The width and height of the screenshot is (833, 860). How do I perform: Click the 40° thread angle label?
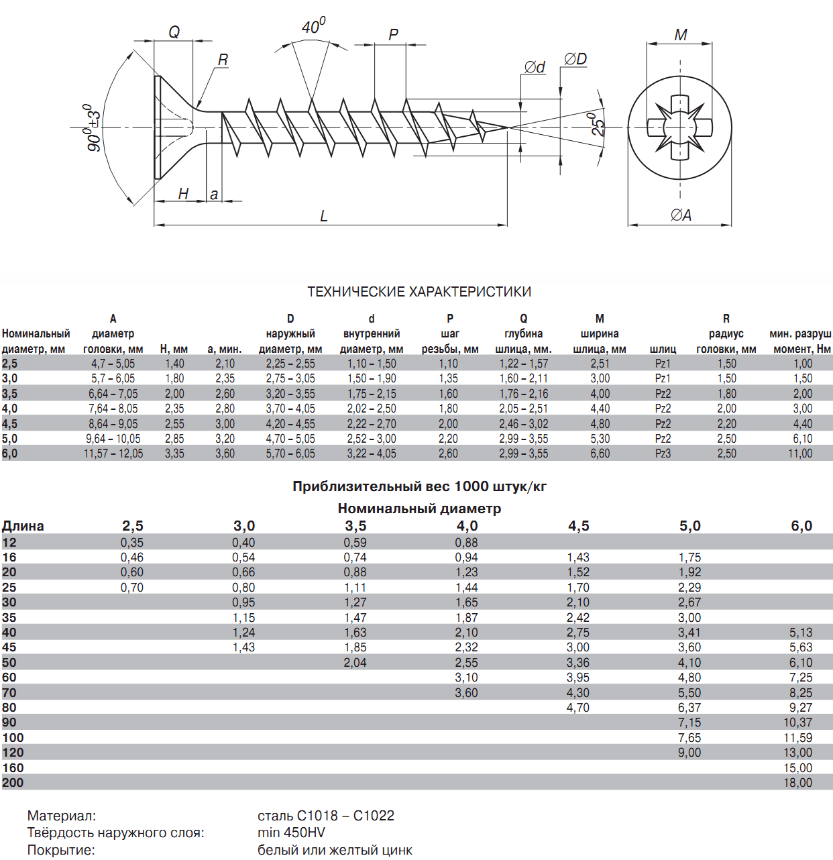pyautogui.click(x=314, y=26)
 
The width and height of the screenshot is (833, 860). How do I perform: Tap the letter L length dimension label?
pyautogui.click(x=324, y=216)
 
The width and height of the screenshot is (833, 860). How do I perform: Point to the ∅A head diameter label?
pyautogui.click(x=681, y=215)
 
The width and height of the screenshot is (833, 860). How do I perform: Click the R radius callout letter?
pyautogui.click(x=223, y=60)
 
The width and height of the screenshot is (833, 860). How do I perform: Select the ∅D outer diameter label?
pyautogui.click(x=575, y=59)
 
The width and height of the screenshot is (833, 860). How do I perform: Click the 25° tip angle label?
pyautogui.click(x=598, y=124)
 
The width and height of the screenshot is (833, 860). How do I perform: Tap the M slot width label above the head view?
pyautogui.click(x=681, y=34)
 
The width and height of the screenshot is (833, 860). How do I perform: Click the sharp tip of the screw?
pyautogui.click(x=508, y=127)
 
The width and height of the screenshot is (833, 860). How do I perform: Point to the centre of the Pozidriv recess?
pyautogui.click(x=679, y=127)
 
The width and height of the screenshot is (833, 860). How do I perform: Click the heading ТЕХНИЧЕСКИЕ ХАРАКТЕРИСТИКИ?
pyautogui.click(x=419, y=292)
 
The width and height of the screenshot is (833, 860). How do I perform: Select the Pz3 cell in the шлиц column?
pyautogui.click(x=663, y=453)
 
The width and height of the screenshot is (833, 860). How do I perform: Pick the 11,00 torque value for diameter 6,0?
pyautogui.click(x=800, y=453)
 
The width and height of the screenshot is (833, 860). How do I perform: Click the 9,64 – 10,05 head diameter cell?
pyautogui.click(x=113, y=439)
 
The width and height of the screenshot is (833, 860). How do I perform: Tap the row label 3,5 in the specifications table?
pyautogui.click(x=9, y=393)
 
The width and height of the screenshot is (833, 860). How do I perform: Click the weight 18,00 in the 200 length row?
pyautogui.click(x=797, y=783)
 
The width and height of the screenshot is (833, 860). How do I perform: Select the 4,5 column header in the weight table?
pyautogui.click(x=578, y=526)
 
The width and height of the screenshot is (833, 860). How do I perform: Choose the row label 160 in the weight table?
pyautogui.click(x=13, y=767)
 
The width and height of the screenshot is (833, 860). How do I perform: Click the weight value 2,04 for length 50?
pyautogui.click(x=355, y=663)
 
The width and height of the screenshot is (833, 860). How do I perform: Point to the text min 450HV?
pyautogui.click(x=291, y=832)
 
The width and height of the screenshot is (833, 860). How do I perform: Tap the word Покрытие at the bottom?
pyautogui.click(x=61, y=850)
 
